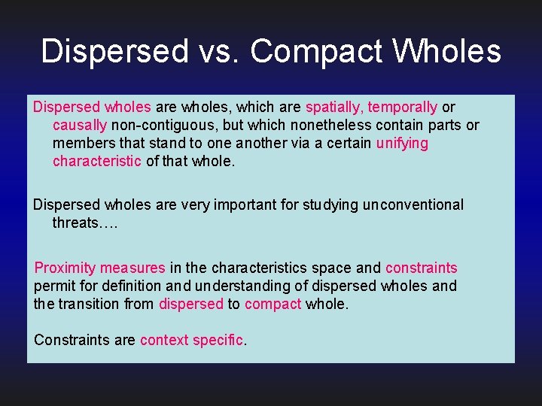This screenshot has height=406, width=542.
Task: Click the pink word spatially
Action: (334, 108)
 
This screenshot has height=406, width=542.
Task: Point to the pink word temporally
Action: (403, 108)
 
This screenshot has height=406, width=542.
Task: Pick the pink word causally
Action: (80, 126)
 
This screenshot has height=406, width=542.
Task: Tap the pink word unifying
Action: (402, 144)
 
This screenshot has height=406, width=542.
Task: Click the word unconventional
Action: (413, 205)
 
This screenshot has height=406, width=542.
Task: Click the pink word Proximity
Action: (65, 268)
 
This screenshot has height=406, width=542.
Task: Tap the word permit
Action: (53, 286)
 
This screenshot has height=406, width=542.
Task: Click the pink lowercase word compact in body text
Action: (273, 304)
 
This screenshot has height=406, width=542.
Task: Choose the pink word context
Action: (164, 341)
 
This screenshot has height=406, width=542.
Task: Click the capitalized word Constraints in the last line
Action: (72, 341)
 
